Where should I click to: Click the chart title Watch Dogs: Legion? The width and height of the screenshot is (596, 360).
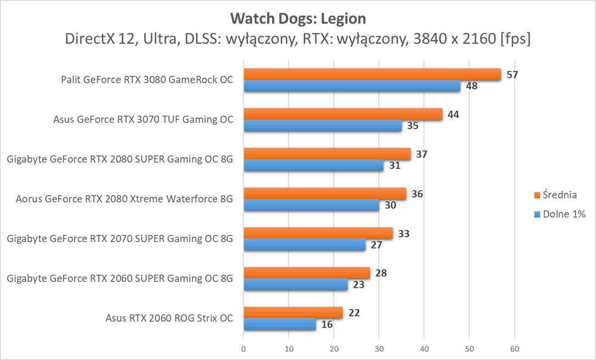[298, 19]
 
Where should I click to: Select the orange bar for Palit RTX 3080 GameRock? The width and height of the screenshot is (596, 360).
[372, 74]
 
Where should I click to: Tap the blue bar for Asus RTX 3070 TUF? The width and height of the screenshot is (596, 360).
[322, 126]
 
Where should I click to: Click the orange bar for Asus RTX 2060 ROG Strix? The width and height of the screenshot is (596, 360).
[293, 313]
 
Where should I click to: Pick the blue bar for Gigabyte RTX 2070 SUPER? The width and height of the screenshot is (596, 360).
[304, 245]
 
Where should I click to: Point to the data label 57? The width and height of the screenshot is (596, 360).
[512, 74]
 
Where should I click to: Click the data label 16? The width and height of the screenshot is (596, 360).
[327, 325]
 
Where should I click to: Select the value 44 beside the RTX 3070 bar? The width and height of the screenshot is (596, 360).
[453, 114]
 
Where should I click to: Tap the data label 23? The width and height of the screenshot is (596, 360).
[359, 285]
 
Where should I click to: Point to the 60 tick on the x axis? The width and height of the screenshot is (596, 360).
[514, 349]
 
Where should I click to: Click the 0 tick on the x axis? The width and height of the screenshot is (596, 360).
[243, 349]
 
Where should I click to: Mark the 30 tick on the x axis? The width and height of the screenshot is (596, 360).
[379, 349]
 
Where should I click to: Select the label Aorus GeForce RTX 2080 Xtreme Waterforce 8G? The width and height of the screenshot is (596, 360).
[124, 199]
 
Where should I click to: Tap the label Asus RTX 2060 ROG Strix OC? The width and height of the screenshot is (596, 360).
[169, 318]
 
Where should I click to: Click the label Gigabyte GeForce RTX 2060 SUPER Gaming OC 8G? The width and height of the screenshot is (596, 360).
[120, 278]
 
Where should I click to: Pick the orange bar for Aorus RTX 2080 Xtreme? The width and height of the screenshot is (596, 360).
[325, 194]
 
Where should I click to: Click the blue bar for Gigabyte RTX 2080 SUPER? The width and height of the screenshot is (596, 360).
[313, 165]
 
